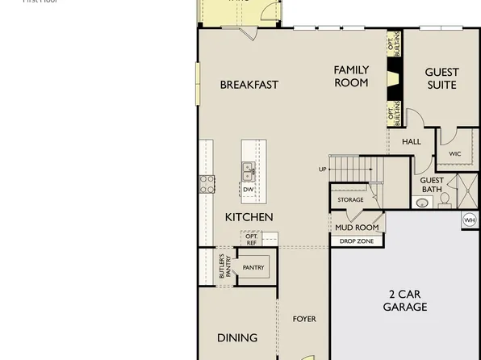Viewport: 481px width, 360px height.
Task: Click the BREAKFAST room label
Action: coord(249,85)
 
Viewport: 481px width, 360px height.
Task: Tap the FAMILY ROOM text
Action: coord(351,77)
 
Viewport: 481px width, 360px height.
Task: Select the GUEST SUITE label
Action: coord(441,78)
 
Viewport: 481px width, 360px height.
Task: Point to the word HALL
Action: coord(412,142)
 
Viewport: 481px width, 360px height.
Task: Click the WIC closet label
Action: coord(454,153)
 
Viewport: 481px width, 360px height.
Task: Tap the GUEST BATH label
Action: coord(432,185)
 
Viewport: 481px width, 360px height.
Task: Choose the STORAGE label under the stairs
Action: coord(350,199)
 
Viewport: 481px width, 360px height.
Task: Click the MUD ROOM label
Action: coord(357,228)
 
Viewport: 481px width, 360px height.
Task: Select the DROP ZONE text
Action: coord(356,241)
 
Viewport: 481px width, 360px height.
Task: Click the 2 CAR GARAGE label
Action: coord(404,300)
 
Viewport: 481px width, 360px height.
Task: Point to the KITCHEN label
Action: coord(249,217)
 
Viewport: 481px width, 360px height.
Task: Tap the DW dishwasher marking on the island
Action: coord(249,190)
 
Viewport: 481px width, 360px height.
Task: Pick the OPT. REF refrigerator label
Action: coord(251,239)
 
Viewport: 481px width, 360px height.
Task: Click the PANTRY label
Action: coord(253,268)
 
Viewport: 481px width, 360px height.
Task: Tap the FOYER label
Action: coord(304,320)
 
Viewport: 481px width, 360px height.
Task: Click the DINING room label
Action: coord(237,337)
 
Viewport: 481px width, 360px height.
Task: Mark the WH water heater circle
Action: coord(469,220)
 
